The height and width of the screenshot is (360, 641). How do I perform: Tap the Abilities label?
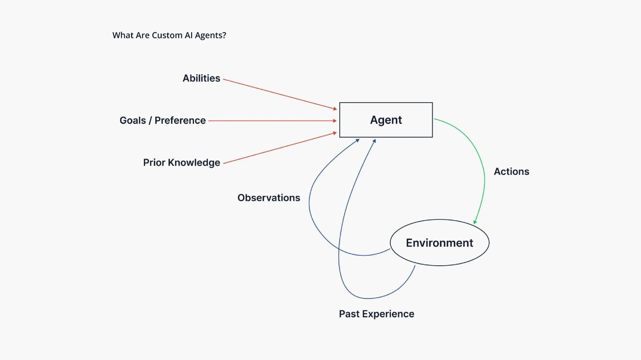pos(201,78)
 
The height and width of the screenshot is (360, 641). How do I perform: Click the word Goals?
pos(133,121)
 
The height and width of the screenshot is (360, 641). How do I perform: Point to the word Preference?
pos(180,121)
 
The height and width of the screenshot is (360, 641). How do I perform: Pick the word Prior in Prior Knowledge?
pos(154,162)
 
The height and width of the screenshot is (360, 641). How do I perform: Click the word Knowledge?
pos(194,163)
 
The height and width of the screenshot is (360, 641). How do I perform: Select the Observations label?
pos(269,198)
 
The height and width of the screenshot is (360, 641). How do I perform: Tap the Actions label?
pos(511,171)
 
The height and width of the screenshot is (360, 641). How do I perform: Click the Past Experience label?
pos(376,314)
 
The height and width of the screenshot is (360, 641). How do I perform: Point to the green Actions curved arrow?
pos(480,159)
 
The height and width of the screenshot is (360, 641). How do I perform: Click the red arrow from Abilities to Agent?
pos(280,94)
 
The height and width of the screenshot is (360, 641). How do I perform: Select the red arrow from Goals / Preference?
pos(271,121)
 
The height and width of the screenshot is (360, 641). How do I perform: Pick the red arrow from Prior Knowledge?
pos(280,148)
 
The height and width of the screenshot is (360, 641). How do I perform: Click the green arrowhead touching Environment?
pos(475,222)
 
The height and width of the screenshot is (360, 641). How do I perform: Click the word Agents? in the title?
pos(210,36)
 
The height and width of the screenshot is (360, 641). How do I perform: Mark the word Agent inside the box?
pos(386,120)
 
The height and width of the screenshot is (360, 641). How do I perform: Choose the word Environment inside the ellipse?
pos(439,243)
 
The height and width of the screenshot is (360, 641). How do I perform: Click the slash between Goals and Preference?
pos(150,121)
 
